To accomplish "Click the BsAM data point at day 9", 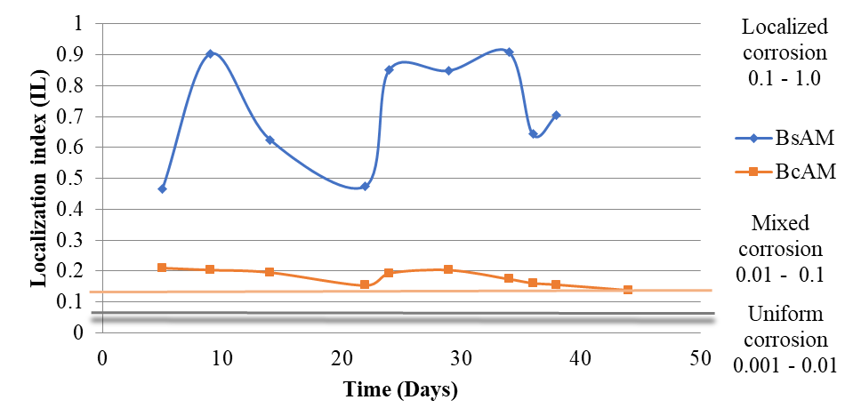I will click(210, 54).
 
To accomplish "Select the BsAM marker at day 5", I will click(162, 188).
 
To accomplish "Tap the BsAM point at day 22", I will click(365, 186).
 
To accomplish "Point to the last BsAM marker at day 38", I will click(556, 116).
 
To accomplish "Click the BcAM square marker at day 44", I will click(628, 290).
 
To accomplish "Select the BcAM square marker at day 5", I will click(162, 268).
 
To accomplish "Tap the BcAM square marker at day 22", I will click(365, 284).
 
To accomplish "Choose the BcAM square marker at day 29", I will click(448, 269).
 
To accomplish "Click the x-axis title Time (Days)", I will click(401, 389).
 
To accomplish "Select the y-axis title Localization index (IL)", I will click(39, 179).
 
